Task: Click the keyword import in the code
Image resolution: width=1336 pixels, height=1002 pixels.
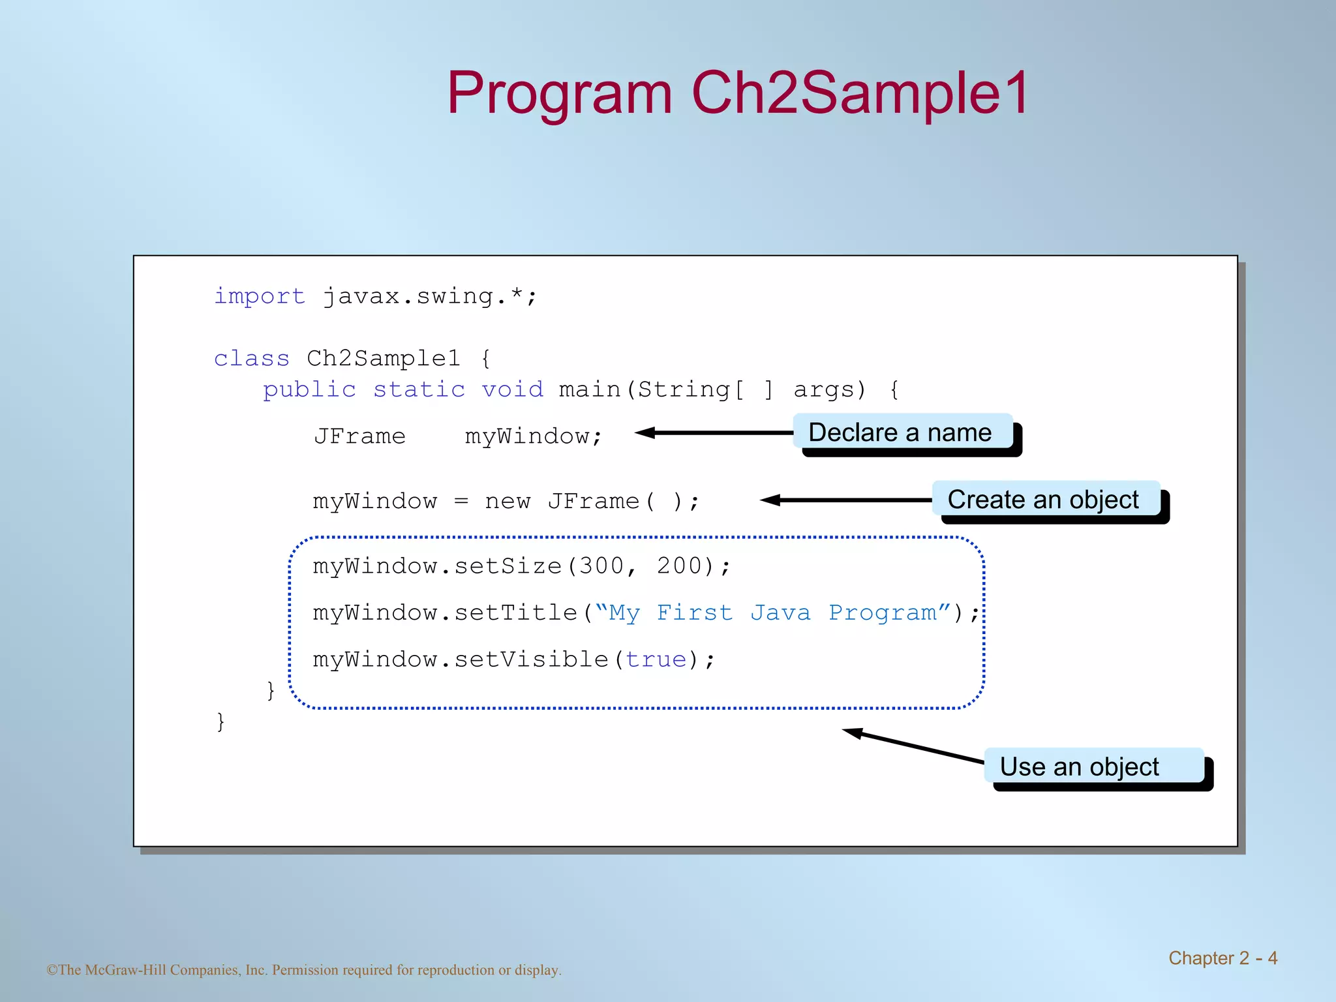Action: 260,297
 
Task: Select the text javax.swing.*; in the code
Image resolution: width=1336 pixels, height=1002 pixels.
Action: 430,297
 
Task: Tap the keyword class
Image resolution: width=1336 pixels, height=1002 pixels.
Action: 252,359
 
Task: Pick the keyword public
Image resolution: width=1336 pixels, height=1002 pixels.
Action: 309,390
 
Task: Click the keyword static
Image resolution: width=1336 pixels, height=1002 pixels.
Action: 419,390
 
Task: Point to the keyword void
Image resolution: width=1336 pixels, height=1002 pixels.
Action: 512,390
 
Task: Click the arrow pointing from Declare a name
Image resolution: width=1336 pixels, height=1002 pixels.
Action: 714,433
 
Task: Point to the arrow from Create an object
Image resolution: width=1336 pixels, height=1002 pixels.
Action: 846,500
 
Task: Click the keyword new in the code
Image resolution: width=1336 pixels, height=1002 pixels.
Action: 508,502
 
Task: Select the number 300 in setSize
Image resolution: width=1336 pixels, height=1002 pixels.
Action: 601,566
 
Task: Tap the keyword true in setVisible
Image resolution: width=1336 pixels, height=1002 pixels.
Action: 656,660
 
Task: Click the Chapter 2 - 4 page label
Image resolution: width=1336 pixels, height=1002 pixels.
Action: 1222,958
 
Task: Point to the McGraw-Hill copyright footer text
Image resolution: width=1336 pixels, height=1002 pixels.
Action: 304,970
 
